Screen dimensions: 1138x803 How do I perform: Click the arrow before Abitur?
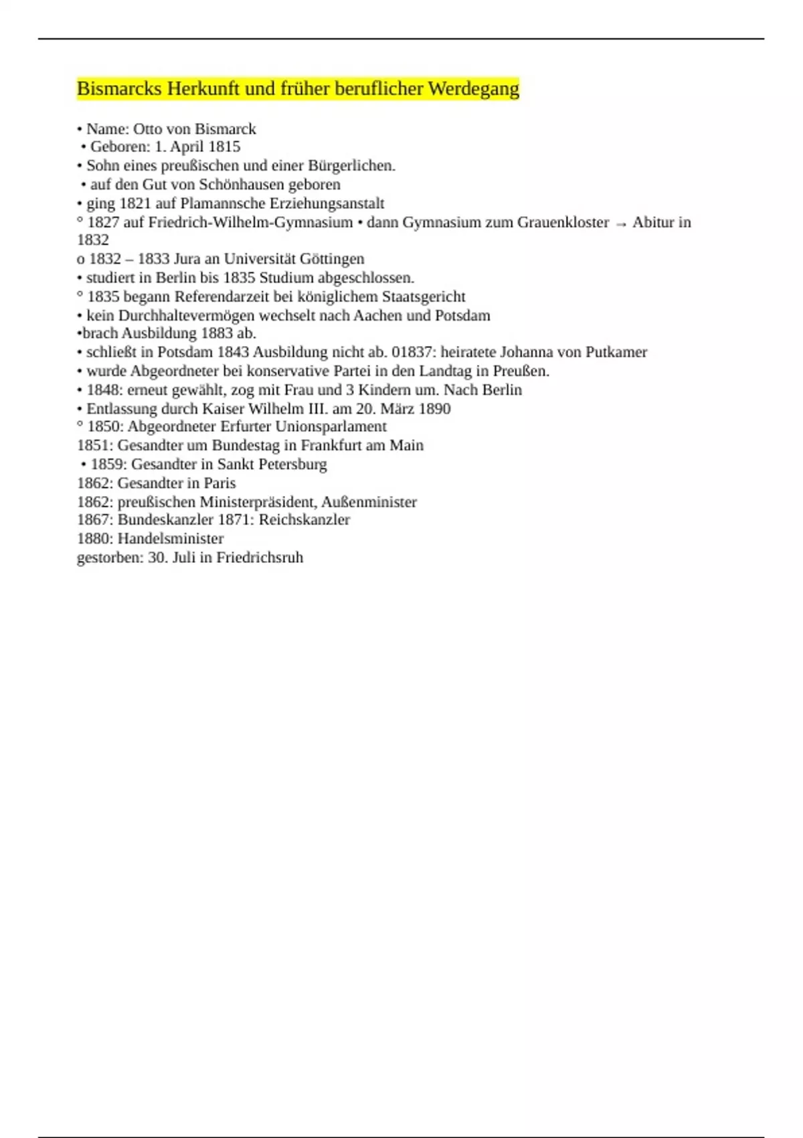(620, 224)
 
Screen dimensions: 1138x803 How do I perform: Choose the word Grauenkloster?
(563, 222)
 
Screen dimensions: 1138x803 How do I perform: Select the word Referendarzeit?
(221, 297)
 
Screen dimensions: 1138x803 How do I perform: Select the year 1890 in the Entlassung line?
(434, 408)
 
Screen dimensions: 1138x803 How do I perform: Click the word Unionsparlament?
(331, 426)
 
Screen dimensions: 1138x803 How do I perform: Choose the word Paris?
(219, 483)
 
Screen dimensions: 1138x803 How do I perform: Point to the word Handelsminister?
(171, 538)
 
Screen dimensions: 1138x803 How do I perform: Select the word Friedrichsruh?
(260, 558)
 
